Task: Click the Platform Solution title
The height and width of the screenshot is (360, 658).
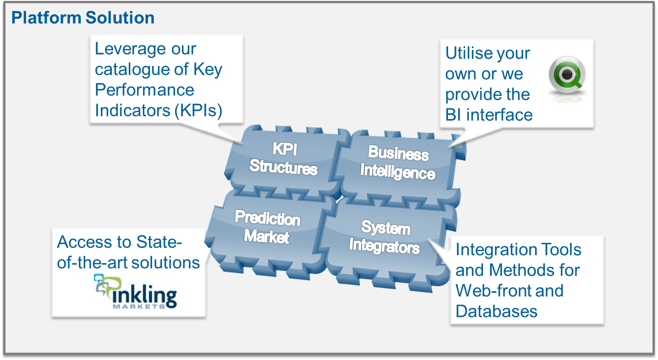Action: [83, 17]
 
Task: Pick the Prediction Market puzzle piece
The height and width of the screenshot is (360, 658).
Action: [269, 232]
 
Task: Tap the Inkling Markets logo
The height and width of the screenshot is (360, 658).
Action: [136, 292]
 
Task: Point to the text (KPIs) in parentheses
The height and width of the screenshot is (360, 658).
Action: [198, 111]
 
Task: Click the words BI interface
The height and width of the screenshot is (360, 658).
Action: [489, 115]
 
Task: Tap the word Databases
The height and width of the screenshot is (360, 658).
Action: [496, 311]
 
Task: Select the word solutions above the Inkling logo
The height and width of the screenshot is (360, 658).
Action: [166, 262]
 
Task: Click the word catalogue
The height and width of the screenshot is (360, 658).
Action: [132, 70]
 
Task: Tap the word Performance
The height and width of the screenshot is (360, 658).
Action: [144, 90]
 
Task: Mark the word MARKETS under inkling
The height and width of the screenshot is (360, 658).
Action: [139, 306]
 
